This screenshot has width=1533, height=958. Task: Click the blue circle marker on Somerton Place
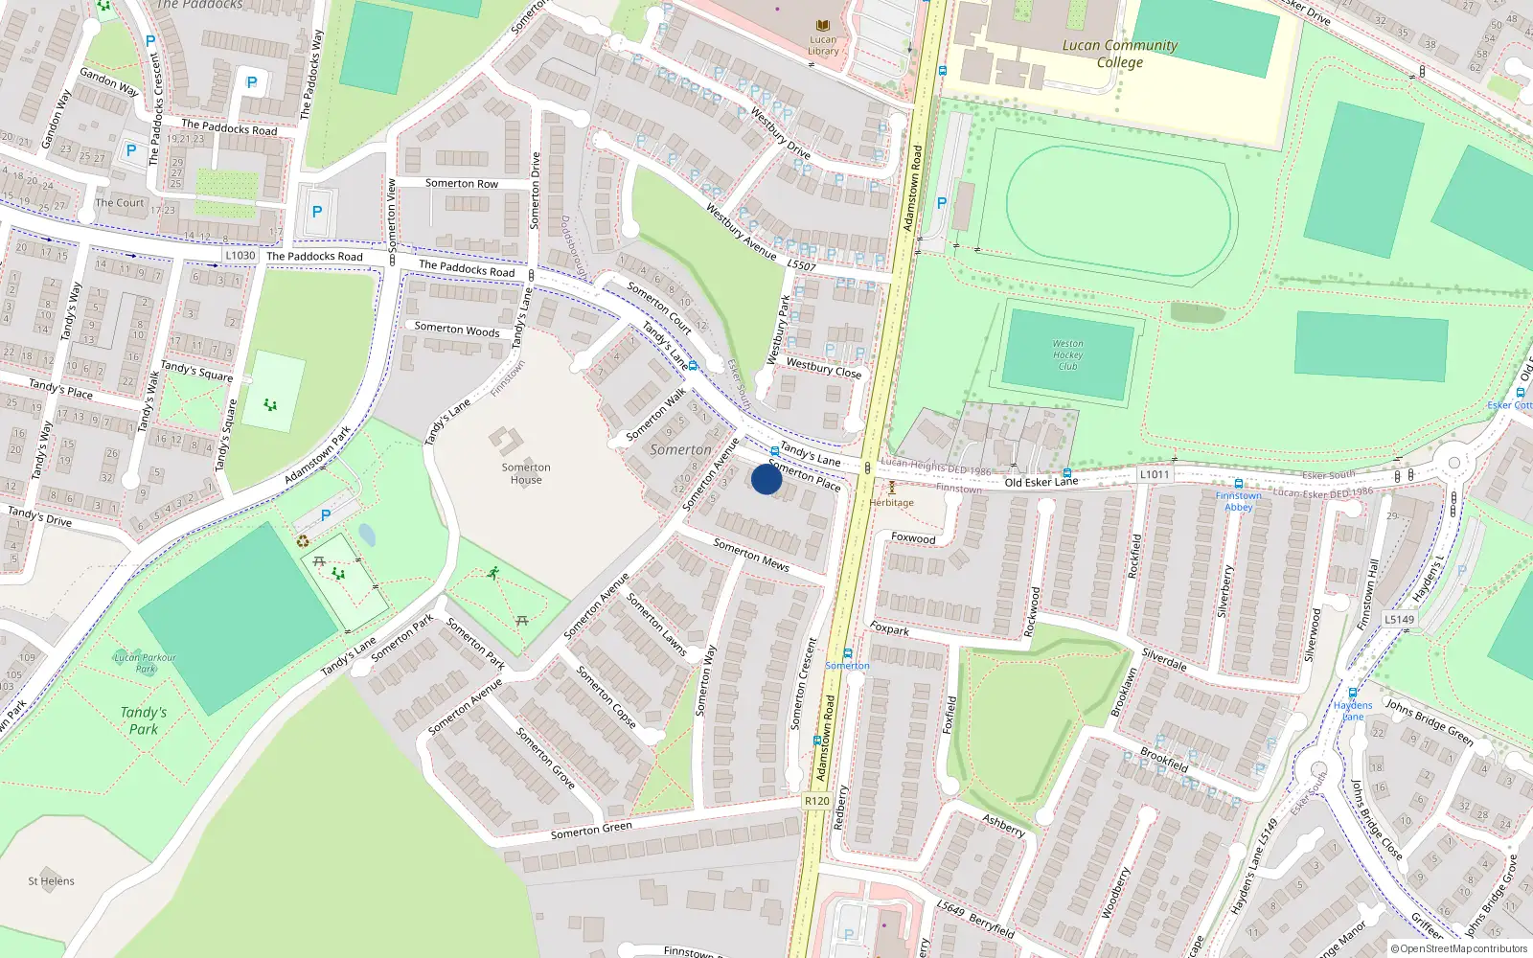[766, 479]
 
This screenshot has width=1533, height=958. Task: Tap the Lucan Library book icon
[822, 26]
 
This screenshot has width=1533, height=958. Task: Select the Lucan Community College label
[1119, 54]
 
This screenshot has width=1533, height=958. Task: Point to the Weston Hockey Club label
[1067, 354]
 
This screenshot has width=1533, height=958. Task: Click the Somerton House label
[526, 473]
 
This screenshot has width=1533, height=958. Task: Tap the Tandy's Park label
[144, 720]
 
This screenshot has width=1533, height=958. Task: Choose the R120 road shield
[817, 801]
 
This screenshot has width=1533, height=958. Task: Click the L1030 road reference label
[240, 256]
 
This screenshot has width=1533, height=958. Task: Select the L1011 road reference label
[1155, 474]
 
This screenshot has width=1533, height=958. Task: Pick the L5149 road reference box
[1399, 619]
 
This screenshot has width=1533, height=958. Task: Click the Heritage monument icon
[891, 489]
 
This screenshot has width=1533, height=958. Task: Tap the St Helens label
[51, 881]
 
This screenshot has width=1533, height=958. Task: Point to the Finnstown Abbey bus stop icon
[1239, 485]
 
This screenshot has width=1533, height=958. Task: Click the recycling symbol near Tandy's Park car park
[304, 540]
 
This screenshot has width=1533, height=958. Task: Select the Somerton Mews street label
[751, 555]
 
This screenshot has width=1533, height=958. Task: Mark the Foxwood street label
[913, 538]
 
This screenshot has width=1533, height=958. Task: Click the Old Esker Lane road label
[1041, 482]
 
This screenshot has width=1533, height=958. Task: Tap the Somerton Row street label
[462, 183]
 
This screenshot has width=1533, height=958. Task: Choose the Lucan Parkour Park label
[145, 662]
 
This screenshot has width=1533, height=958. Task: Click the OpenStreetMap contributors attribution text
[1459, 949]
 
